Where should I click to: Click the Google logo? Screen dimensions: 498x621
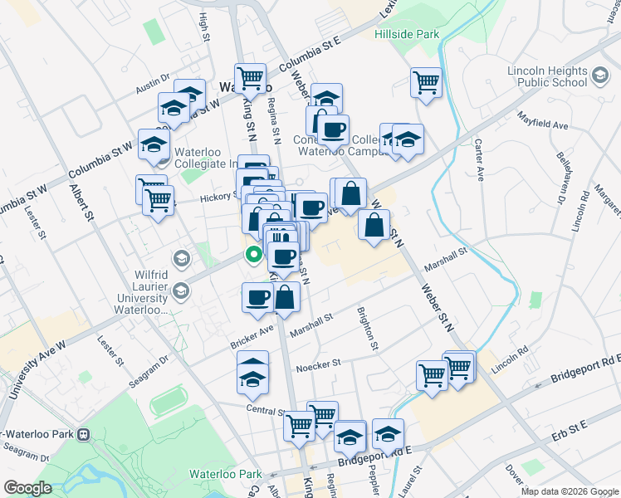[27, 488]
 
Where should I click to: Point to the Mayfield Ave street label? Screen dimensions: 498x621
[542, 120]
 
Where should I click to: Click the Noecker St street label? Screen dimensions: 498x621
[319, 364]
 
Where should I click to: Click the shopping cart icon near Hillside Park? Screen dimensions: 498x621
[426, 82]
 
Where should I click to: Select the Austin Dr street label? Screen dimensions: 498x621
[154, 86]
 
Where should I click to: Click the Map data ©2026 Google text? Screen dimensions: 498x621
[569, 491]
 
